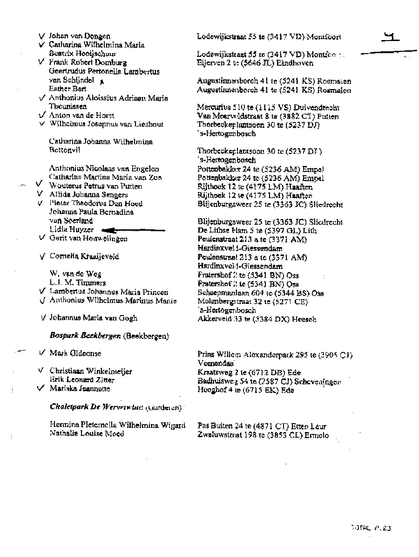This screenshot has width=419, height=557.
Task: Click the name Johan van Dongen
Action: [80, 36]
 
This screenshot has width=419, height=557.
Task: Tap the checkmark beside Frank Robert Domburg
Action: [42, 62]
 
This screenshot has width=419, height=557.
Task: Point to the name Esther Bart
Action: [68, 89]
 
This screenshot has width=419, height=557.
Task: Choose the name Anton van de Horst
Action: [81, 115]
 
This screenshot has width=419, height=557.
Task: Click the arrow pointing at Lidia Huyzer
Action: [133, 230]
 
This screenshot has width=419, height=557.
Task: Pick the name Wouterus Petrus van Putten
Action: [95, 186]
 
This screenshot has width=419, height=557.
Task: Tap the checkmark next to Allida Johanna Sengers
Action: [40, 194]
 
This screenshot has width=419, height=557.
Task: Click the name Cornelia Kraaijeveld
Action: [84, 256]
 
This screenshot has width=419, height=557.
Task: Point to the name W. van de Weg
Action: [75, 274]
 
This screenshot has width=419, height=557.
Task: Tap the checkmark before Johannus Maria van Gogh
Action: [43, 318]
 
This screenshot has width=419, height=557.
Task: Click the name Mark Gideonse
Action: [75, 353]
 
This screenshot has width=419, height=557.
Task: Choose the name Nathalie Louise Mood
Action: [87, 433]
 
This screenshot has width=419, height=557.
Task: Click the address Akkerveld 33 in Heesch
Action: [257, 319]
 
